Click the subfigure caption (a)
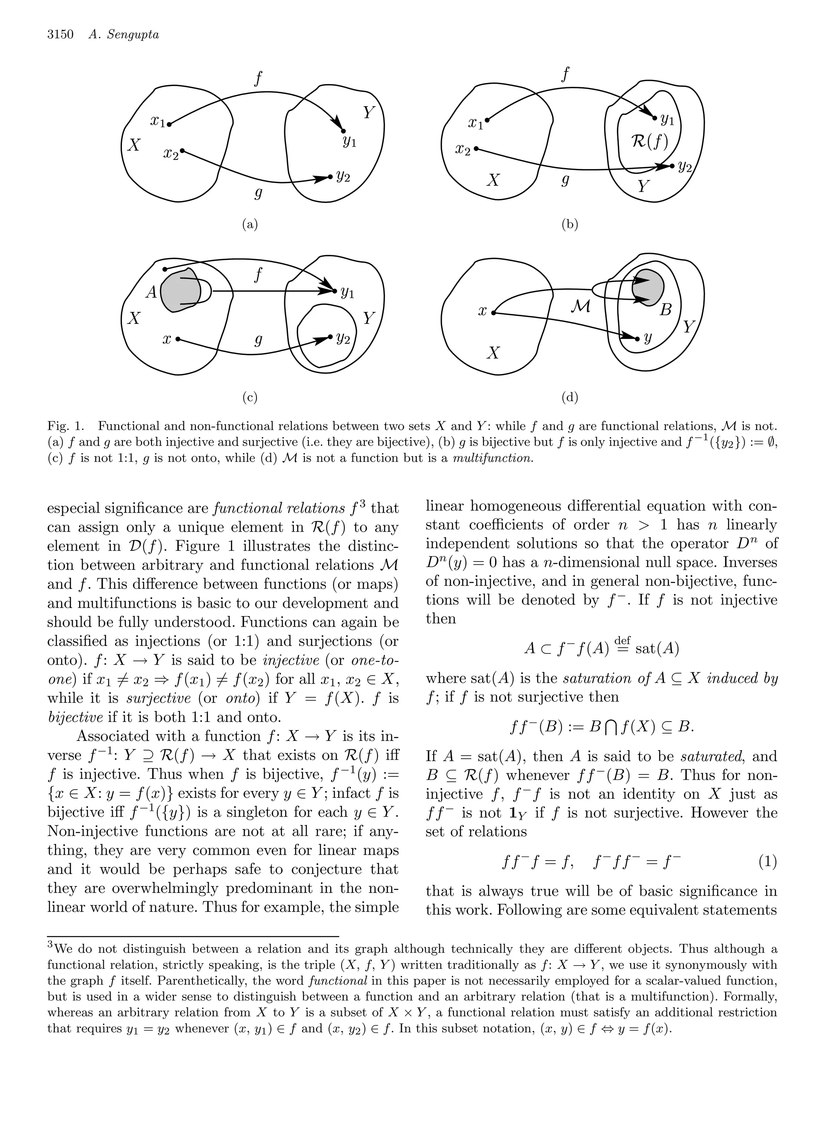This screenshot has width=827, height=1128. tap(250, 225)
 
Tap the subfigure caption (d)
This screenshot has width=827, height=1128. tap(570, 398)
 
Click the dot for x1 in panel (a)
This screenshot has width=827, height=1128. tap(169, 124)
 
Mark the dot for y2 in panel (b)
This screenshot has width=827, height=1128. tap(672, 166)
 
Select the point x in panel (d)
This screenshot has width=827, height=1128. tap(493, 313)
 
